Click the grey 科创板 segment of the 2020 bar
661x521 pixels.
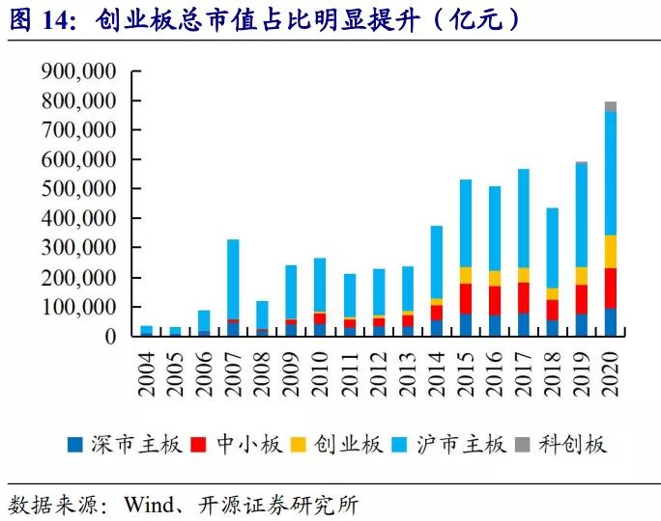click(x=611, y=106)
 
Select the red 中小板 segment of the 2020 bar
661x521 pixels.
click(x=611, y=288)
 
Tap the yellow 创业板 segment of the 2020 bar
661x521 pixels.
click(x=611, y=251)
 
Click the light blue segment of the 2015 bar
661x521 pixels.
click(x=466, y=223)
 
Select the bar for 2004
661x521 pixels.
click(x=146, y=331)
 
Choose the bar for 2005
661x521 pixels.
click(x=175, y=331)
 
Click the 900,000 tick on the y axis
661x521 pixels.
click(x=78, y=71)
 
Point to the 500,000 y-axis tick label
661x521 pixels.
click(x=78, y=189)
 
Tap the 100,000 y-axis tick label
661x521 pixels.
click(x=78, y=308)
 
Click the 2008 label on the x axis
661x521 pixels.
click(x=263, y=367)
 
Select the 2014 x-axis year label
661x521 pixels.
click(x=437, y=367)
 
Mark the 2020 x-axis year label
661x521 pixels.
click(x=611, y=367)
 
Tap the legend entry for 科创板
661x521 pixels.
click(x=574, y=445)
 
